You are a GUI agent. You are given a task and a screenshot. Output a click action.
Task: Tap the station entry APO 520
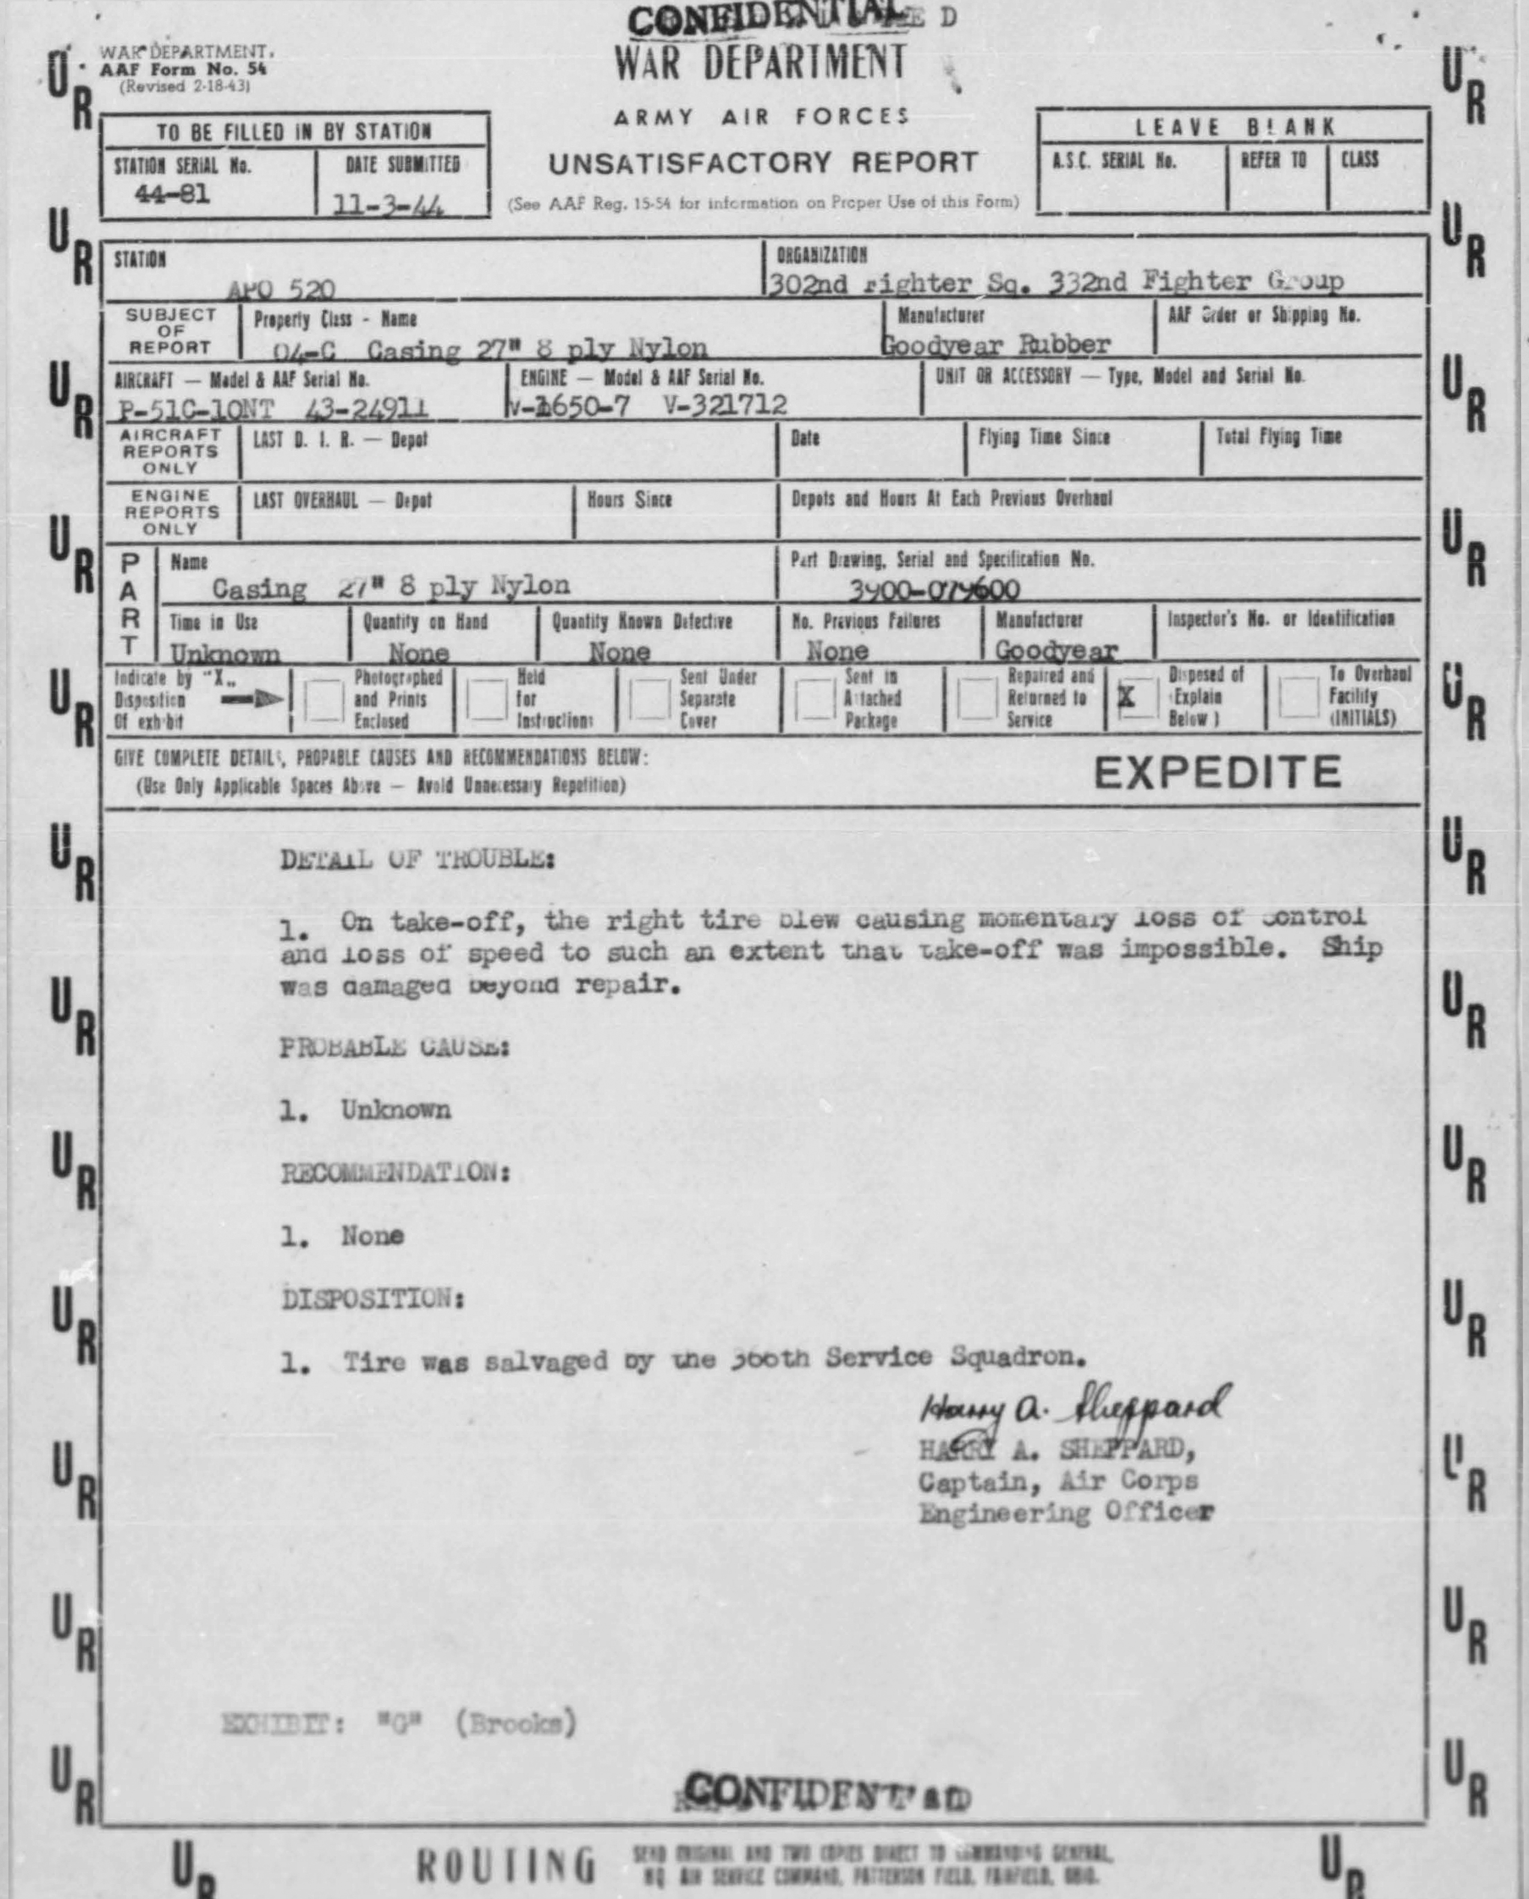click(x=280, y=289)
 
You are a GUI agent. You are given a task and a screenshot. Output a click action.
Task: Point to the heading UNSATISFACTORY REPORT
click(x=763, y=163)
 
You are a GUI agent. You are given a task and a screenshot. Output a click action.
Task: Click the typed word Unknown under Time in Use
click(x=226, y=653)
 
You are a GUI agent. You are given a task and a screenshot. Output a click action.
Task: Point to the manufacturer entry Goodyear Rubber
click(x=996, y=344)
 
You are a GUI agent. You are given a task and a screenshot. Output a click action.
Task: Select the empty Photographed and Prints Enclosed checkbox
click(x=323, y=701)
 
